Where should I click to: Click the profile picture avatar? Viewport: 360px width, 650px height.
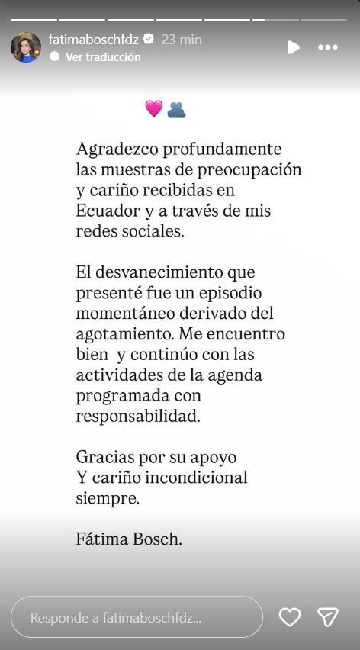tap(26, 47)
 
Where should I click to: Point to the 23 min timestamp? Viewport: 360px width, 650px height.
tap(182, 40)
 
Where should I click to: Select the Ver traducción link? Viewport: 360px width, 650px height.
tap(103, 57)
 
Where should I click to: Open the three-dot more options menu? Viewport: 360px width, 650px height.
tap(328, 47)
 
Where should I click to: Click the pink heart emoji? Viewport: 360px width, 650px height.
tap(154, 109)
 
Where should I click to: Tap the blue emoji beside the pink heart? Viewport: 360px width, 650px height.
tap(177, 110)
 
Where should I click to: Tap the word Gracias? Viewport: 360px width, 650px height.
tap(101, 458)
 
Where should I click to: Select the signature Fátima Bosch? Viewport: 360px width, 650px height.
tap(129, 539)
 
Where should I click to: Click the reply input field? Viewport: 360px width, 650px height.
tap(137, 616)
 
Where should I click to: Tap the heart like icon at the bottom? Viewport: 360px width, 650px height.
tap(290, 617)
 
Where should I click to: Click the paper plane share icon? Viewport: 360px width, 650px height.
tap(328, 617)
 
